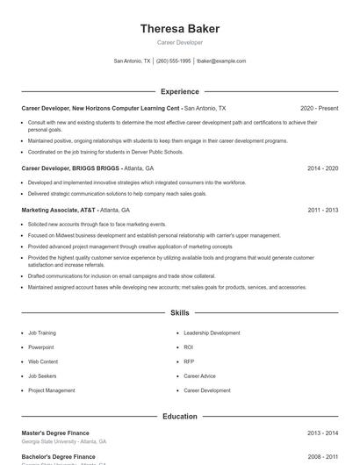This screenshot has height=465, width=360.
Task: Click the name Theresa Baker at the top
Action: [x=180, y=28]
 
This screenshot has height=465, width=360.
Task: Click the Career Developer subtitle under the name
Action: [x=180, y=42]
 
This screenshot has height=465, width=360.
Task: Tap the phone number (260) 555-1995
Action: [x=173, y=61]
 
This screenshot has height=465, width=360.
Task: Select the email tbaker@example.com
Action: [x=221, y=61]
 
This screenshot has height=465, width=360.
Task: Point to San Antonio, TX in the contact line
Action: [x=133, y=61]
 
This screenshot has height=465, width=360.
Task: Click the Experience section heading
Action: [x=180, y=91]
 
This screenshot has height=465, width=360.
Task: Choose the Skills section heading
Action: [x=180, y=312]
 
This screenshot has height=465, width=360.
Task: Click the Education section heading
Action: [x=180, y=417]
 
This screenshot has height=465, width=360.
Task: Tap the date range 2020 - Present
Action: [x=319, y=108]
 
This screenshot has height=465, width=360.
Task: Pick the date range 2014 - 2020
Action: [x=322, y=168]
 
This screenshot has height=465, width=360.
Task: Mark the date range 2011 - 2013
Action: [x=322, y=211]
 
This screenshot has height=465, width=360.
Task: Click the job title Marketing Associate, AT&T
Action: [x=59, y=211]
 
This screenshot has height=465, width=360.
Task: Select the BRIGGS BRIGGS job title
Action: [x=70, y=168]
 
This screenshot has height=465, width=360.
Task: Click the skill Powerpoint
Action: [x=41, y=347]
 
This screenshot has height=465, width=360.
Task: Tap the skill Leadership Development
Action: [x=212, y=333]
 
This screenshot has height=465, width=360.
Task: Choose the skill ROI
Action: [x=189, y=347]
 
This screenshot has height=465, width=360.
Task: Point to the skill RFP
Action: [x=189, y=361]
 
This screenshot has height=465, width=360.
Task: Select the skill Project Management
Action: [x=52, y=390]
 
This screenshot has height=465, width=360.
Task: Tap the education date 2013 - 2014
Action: [x=322, y=433]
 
